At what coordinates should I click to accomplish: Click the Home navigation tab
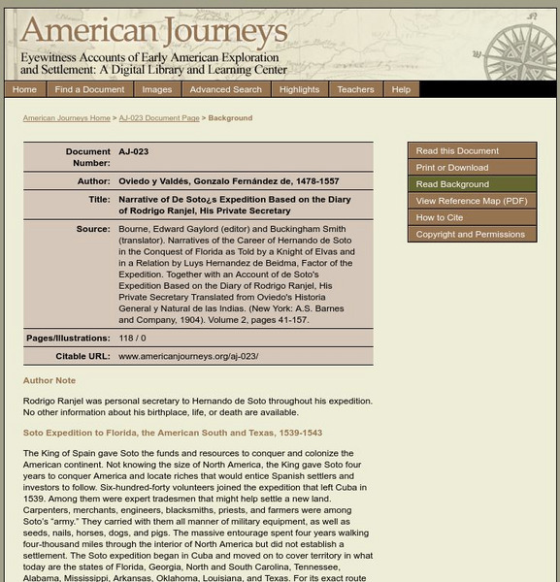[x=24, y=89]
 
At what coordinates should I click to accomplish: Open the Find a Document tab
[x=89, y=89]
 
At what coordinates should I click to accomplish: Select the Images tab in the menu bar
[x=156, y=89]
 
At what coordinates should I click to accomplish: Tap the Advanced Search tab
[x=225, y=89]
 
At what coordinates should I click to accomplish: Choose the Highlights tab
[x=299, y=89]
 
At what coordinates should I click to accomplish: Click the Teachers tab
[x=355, y=89]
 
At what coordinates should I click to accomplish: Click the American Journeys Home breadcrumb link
[x=66, y=118]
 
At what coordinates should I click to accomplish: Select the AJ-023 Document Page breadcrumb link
[x=159, y=118]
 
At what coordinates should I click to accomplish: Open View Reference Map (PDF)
[x=471, y=201]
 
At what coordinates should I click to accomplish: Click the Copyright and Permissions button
[x=471, y=234]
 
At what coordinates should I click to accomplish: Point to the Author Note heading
[x=49, y=381]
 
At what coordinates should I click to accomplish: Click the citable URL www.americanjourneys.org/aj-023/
[x=188, y=356]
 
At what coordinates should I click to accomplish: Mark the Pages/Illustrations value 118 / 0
[x=132, y=338]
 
